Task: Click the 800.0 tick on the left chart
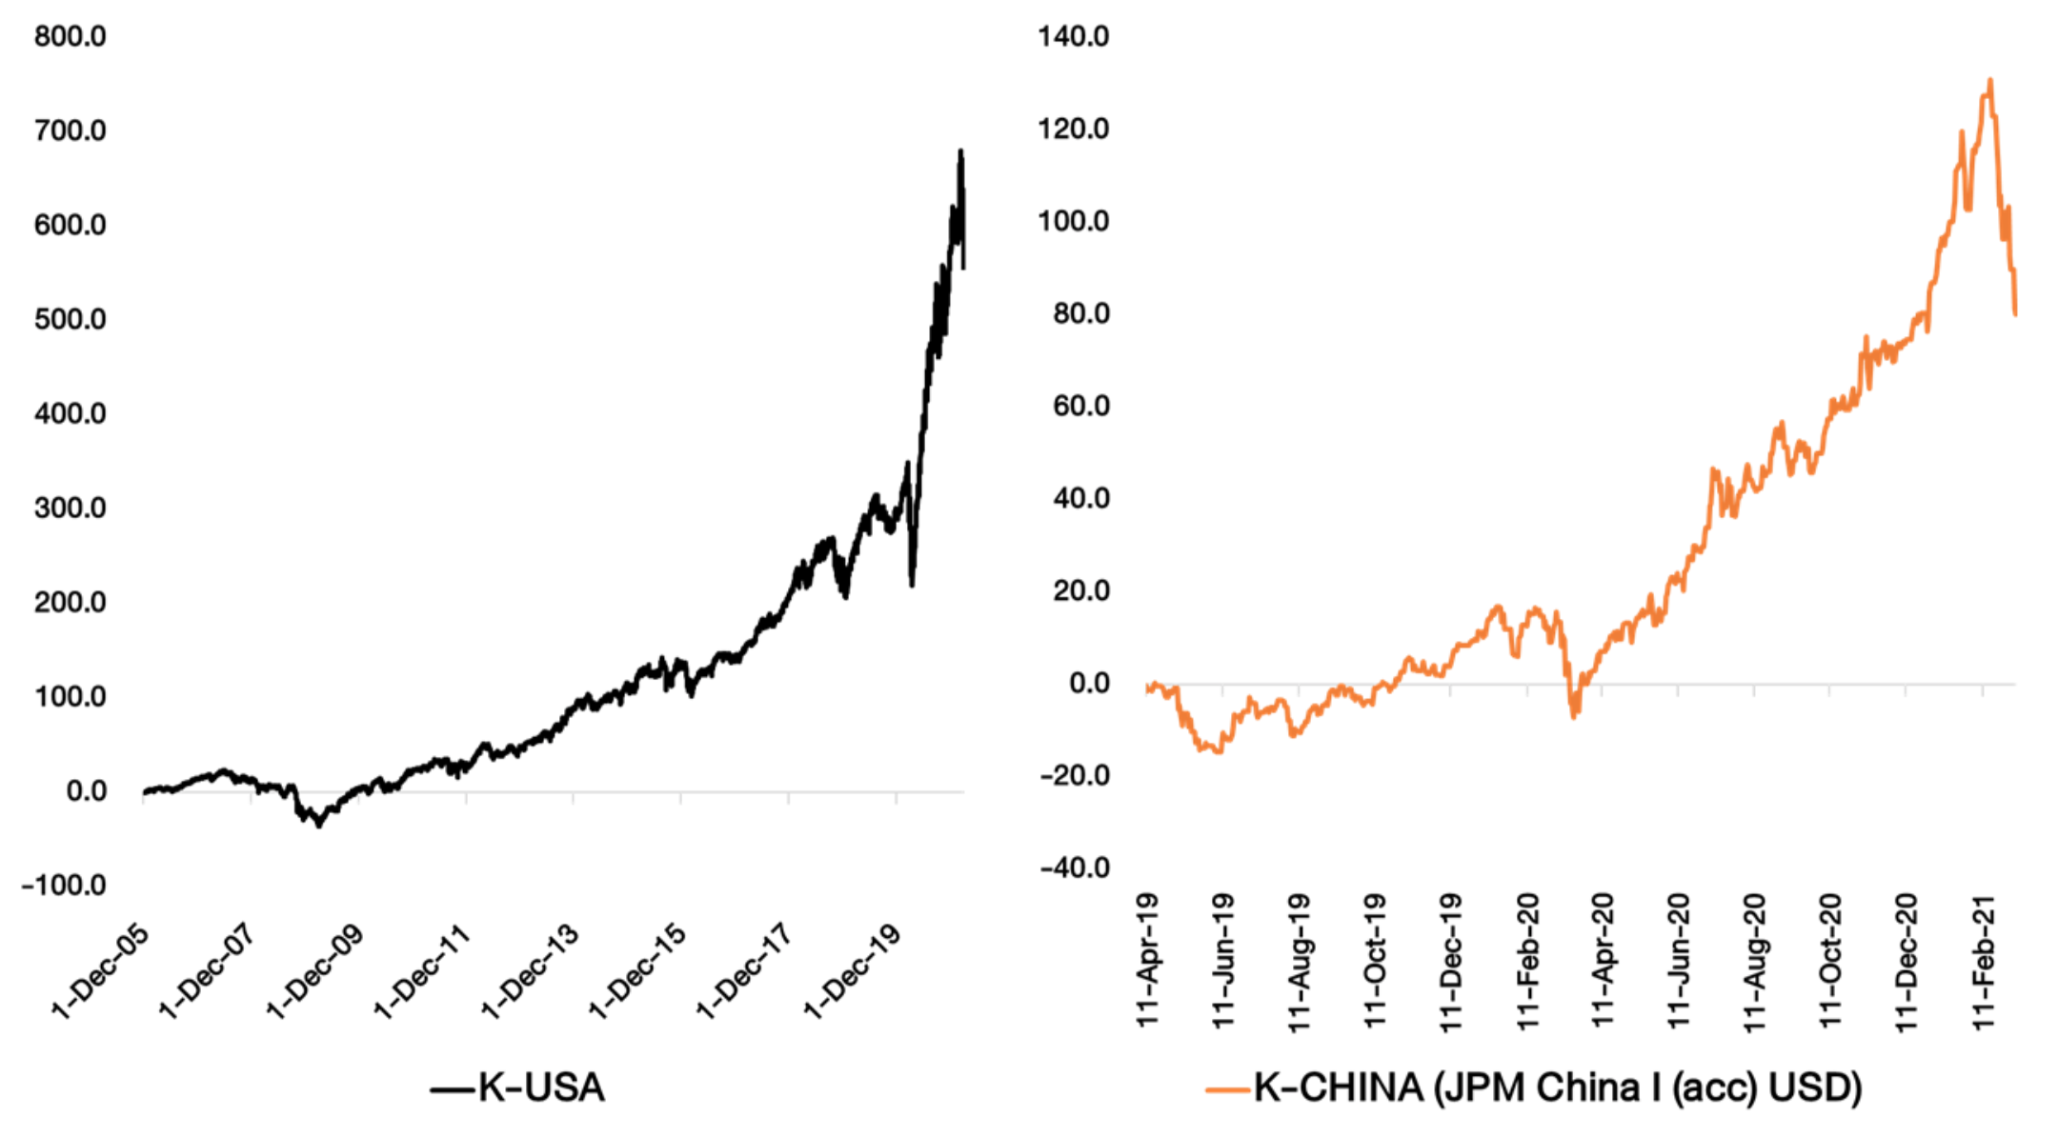pyautogui.click(x=70, y=37)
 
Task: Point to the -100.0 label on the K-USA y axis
pyautogui.click(x=64, y=886)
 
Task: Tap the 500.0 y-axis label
pyautogui.click(x=70, y=320)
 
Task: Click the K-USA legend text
pyautogui.click(x=541, y=1087)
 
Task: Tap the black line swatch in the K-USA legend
pyautogui.click(x=452, y=1089)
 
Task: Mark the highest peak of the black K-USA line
pyautogui.click(x=960, y=151)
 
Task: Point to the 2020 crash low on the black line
pyautogui.click(x=912, y=585)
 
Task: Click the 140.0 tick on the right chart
pyautogui.click(x=1074, y=37)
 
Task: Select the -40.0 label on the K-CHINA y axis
pyautogui.click(x=1075, y=868)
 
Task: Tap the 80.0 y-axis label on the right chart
pyautogui.click(x=1081, y=314)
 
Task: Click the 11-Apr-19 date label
pyautogui.click(x=1148, y=960)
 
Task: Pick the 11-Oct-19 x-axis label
pyautogui.click(x=1375, y=960)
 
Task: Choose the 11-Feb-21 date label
pyautogui.click(x=1984, y=960)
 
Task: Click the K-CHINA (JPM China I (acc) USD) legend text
pyautogui.click(x=1557, y=1087)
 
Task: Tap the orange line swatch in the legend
pyautogui.click(x=1227, y=1089)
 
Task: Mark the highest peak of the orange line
pyautogui.click(x=1990, y=80)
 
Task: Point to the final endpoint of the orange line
pyautogui.click(x=2015, y=313)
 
